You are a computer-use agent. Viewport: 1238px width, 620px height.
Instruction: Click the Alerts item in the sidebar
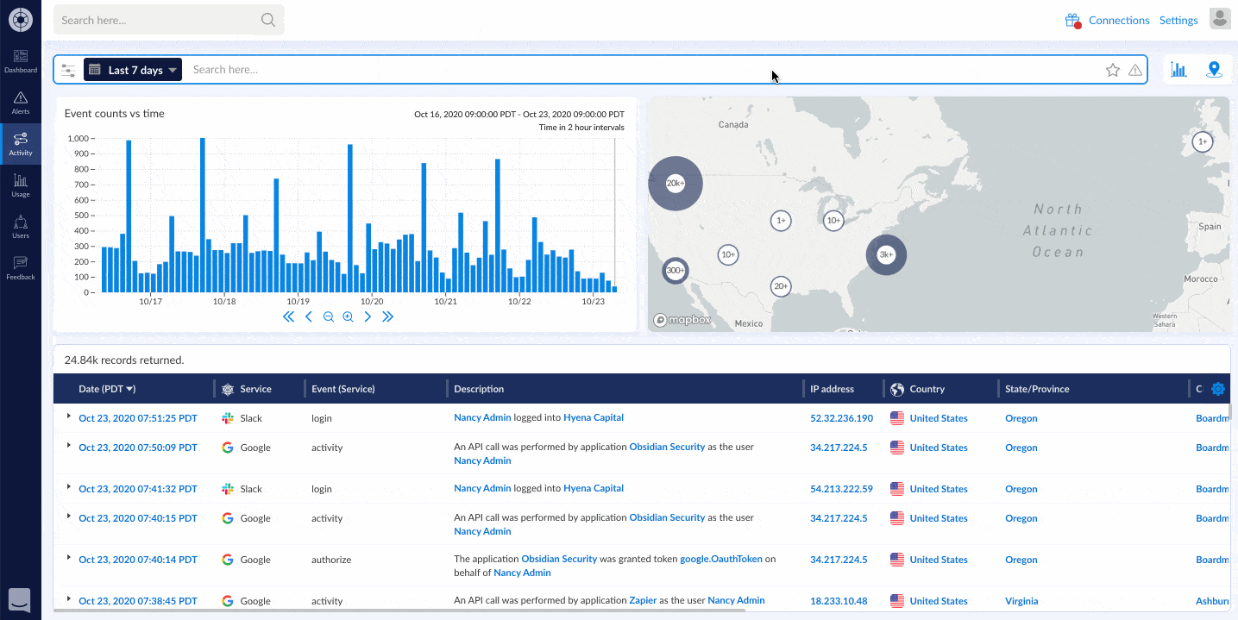pos(20,103)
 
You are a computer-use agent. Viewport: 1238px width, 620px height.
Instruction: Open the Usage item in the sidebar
pos(20,185)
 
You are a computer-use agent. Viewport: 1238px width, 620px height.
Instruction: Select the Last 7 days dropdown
pos(133,70)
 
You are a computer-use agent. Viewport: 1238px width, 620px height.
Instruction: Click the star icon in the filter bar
pos(1113,70)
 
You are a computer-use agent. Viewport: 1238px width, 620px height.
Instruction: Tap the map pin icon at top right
pos(1214,70)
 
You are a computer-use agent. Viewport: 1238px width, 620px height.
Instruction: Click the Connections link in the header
pos(1118,20)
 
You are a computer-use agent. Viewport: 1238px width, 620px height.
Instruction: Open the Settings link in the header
pos(1178,20)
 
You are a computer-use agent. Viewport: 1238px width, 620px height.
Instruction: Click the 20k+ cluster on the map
pos(676,183)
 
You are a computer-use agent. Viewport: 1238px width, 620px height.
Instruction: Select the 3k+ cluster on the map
pos(886,254)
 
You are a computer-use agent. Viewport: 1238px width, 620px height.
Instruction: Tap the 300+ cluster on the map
pos(676,271)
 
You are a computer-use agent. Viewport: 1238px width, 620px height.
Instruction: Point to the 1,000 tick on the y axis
pos(80,138)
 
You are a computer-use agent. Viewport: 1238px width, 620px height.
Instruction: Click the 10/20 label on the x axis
pos(372,301)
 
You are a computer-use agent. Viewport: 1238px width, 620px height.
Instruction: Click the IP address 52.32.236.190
pos(841,418)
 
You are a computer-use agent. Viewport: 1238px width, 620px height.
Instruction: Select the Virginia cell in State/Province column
pos(1021,601)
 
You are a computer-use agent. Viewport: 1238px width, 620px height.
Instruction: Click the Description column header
pos(479,389)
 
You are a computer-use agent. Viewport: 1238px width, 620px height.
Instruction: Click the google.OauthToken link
pos(721,559)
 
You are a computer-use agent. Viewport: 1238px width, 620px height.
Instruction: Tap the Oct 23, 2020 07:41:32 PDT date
pos(138,489)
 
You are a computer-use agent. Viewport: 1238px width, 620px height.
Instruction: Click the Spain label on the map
pos(1210,227)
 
